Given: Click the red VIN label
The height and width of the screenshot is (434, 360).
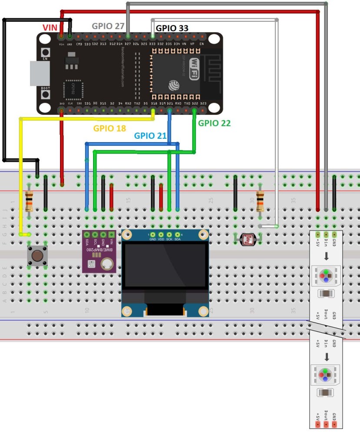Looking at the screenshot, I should (50, 27).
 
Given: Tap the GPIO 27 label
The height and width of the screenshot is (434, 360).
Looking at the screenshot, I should (108, 26).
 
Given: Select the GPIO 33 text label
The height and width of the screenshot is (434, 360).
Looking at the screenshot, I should (172, 27).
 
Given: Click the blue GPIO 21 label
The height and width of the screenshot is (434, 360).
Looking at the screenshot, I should (150, 135).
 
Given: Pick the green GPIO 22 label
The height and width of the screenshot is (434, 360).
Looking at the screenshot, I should (214, 123).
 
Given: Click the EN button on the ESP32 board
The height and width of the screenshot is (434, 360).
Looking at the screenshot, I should (45, 53).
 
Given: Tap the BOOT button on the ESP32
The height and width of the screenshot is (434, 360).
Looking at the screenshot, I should (45, 94).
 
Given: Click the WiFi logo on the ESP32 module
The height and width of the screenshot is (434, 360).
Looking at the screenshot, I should (194, 70).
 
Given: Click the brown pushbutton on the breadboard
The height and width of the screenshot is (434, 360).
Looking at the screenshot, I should (37, 256).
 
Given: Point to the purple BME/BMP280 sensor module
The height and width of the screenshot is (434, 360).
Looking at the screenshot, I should (100, 257).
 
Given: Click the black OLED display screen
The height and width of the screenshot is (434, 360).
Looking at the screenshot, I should (165, 265).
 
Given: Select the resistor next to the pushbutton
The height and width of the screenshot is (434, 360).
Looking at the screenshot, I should (29, 200).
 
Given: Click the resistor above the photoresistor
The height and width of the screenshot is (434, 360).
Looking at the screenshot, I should (260, 200).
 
